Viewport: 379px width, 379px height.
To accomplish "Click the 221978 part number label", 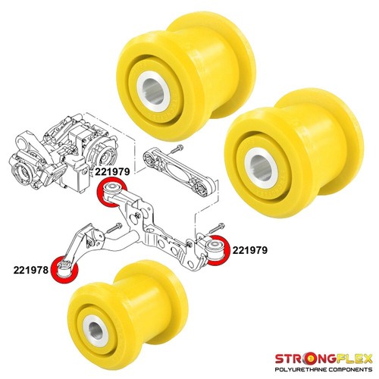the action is [31, 270].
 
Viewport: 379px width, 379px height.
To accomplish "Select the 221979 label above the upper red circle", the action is [112, 172].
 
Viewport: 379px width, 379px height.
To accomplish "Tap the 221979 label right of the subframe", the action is [250, 250].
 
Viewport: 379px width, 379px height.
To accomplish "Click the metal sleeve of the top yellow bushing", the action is [153, 91].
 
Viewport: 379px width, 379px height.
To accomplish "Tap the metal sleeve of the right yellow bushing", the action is [262, 168].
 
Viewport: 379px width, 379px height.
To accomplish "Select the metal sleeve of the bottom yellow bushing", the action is [96, 331].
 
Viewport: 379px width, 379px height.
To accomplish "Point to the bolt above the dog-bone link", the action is [177, 149].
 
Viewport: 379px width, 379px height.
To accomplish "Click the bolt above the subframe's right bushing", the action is [217, 228].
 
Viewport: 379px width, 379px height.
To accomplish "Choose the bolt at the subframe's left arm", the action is [114, 228].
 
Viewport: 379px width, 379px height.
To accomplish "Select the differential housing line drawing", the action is [63, 154].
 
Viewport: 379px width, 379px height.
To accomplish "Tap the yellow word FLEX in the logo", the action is [355, 359].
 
